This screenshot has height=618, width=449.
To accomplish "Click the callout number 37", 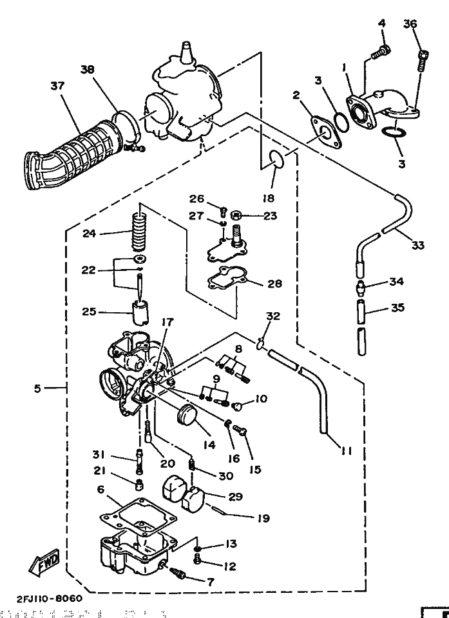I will pos(58,86).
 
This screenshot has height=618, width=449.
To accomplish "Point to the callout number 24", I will pos(90,234).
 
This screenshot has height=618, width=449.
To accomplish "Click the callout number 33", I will pos(417,245).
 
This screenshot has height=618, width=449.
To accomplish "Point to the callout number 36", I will pos(410,24).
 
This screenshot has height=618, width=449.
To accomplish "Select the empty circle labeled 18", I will pos(275,158).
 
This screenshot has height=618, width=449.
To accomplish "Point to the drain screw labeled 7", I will pos(177,570).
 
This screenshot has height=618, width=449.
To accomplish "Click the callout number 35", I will pos(398,308).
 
